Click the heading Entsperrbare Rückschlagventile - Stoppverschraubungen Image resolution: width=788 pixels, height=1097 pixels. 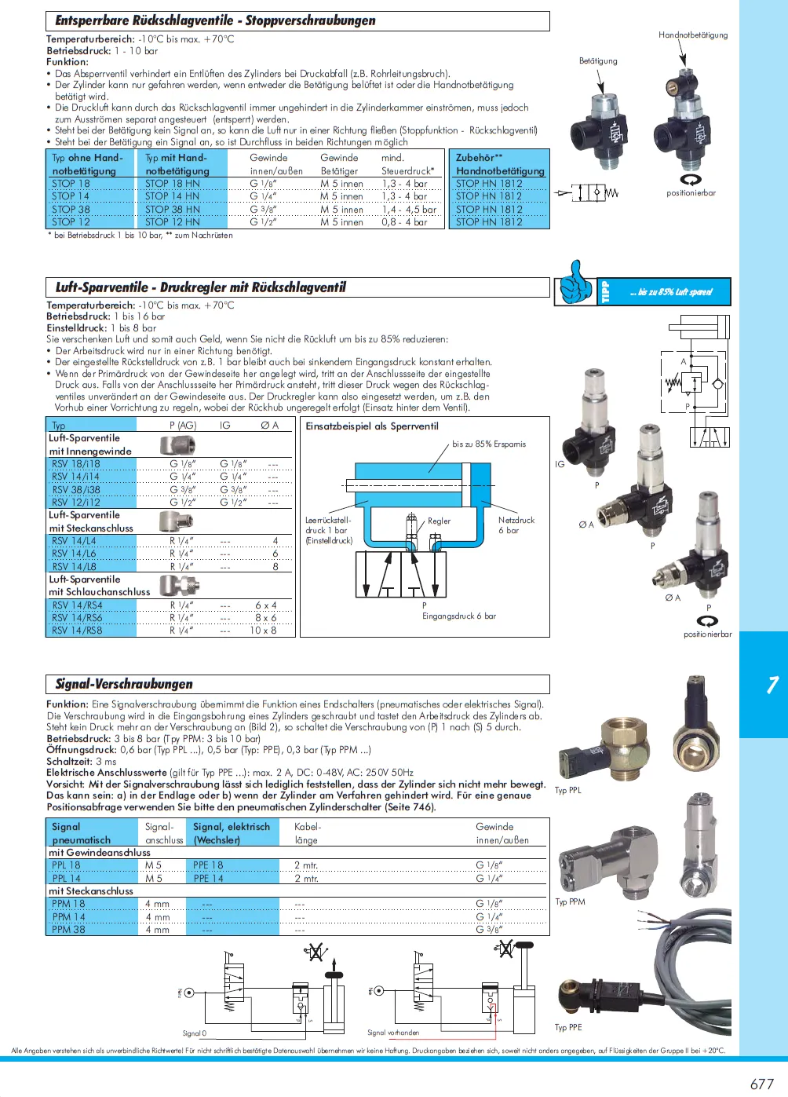point(215,20)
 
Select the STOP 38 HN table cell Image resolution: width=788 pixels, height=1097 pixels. point(172,210)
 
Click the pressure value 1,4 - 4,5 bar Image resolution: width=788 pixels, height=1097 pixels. point(408,210)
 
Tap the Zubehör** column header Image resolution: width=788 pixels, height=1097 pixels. point(480,158)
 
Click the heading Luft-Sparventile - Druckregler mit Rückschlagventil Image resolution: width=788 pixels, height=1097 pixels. point(200,287)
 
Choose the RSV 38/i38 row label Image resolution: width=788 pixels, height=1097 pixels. point(76,489)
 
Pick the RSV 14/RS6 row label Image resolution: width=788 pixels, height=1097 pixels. point(77,618)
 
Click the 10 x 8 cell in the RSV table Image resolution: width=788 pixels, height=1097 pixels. point(264,631)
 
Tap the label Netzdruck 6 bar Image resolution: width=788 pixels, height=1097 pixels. point(516,525)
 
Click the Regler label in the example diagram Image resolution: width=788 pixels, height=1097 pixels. point(439,521)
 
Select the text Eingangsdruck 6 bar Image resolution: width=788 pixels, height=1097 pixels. point(459,616)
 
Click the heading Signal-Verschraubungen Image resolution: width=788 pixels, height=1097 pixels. point(124,684)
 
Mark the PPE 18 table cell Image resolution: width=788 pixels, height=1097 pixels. point(208,865)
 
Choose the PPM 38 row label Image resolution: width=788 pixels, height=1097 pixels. point(68,930)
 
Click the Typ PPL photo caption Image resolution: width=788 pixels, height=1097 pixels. point(568,790)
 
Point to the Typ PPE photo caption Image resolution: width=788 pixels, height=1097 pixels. point(568,1027)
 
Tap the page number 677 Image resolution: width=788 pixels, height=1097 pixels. point(761,1084)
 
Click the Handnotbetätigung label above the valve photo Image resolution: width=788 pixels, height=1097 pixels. point(693,35)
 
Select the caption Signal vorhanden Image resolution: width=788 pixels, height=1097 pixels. point(393,1033)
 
